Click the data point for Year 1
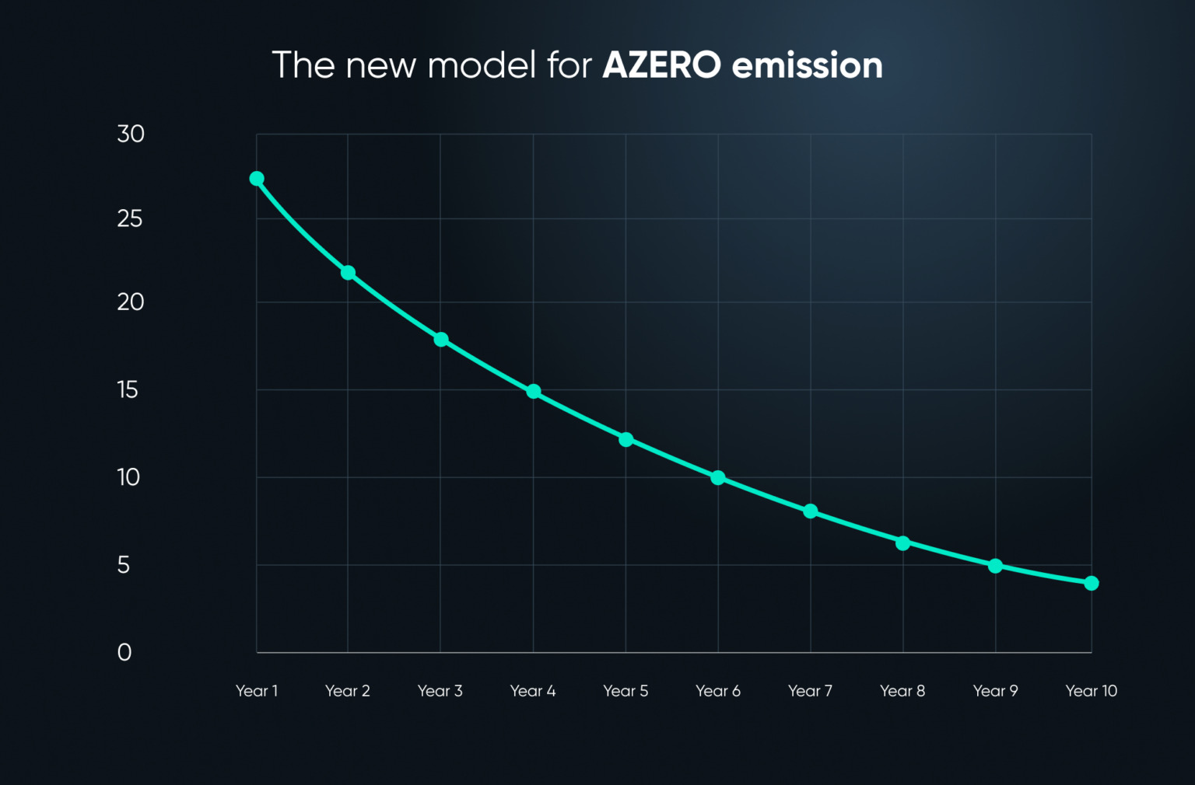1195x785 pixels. [257, 179]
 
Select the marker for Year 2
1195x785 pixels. [348, 273]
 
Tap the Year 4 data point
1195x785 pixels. [534, 392]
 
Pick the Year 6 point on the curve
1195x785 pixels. [718, 478]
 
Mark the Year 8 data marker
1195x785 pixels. [903, 543]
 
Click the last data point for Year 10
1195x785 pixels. [1092, 583]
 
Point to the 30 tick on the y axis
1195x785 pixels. [131, 134]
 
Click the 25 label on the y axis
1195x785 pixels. [130, 219]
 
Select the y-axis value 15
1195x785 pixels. [128, 389]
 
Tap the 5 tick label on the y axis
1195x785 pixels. [124, 565]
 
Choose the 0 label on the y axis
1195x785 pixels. [124, 652]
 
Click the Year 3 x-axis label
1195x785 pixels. [440, 691]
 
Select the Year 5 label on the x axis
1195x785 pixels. [626, 691]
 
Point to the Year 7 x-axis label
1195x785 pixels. [810, 691]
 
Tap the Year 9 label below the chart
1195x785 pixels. [995, 691]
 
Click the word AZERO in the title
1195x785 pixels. [661, 65]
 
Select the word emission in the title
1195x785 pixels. [808, 65]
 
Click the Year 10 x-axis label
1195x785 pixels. [1091, 691]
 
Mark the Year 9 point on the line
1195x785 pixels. [996, 566]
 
